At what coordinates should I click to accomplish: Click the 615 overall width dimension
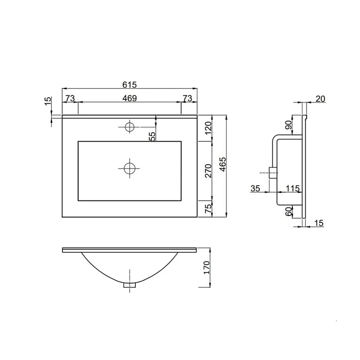130,85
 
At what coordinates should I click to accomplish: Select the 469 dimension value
130,98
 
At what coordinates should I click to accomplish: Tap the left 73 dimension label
70,98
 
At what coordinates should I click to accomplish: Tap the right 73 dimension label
187,98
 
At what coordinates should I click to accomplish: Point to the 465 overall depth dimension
223,165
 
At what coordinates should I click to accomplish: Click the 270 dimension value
208,171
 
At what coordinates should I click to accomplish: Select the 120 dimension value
208,128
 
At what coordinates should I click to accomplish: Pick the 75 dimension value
208,208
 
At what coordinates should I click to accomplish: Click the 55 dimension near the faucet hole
152,136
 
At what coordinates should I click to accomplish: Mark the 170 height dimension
207,267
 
